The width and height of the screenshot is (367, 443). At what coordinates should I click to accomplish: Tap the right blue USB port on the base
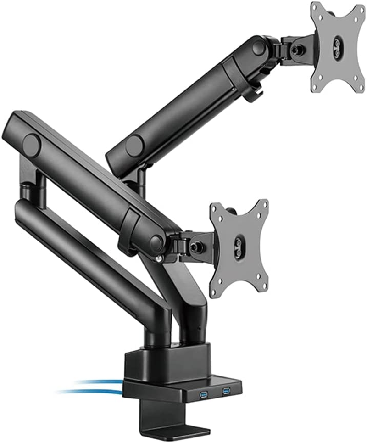point(226,391)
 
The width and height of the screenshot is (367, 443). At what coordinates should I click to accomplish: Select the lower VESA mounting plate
point(239,247)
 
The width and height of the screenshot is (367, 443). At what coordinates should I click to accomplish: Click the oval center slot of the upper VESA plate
point(337,45)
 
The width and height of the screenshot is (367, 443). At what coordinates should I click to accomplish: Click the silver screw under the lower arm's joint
point(159,258)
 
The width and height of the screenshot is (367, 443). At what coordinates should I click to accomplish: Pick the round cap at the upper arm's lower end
point(134,146)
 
